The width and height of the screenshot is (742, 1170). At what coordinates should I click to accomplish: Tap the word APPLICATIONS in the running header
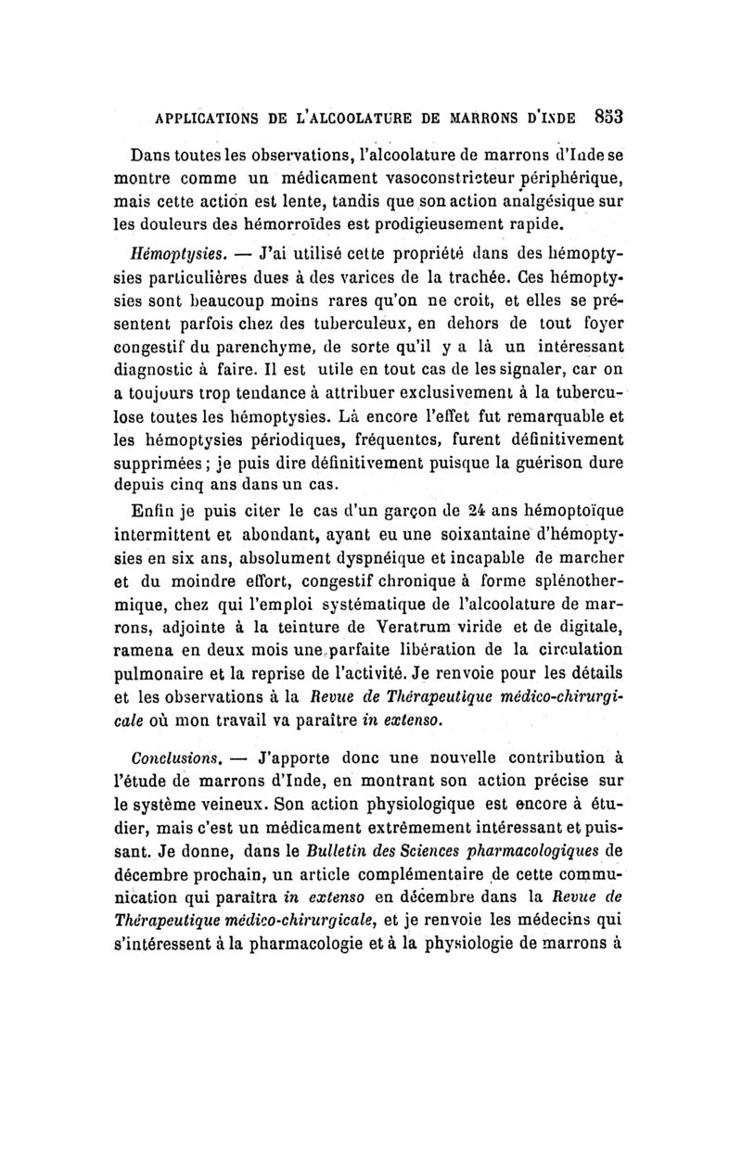[x=193, y=119]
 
